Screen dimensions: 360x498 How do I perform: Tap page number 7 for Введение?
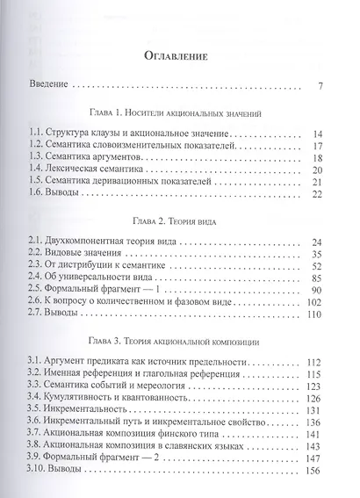pos(321,86)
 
